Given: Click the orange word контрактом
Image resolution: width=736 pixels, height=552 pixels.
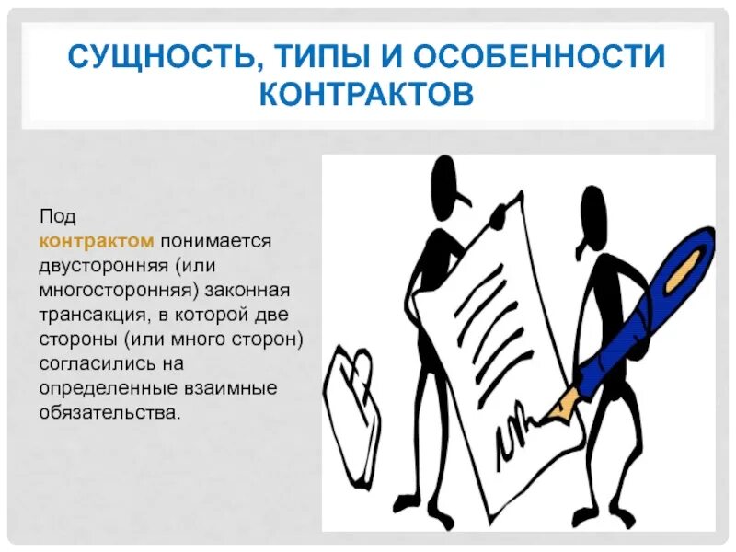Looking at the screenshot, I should pos(96,241).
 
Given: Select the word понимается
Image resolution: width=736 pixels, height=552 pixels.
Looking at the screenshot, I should pos(216,241).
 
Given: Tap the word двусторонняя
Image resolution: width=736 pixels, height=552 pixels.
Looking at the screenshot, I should pos(101,266).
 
